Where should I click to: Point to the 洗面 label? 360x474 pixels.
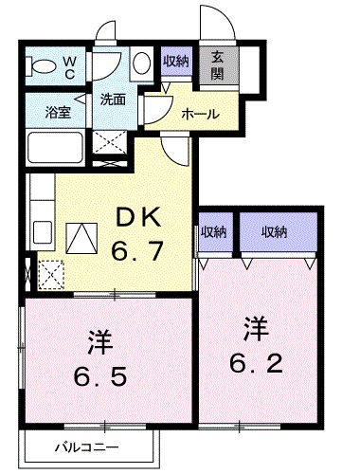113,99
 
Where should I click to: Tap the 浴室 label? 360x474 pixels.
58,110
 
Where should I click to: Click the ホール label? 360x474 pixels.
200,113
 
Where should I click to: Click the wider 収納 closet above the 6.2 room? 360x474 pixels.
276,232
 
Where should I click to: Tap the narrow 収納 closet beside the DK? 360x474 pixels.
213,232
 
